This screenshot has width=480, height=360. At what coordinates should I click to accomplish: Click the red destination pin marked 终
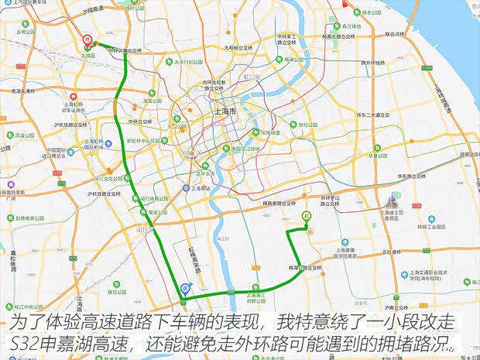click(x=87, y=39)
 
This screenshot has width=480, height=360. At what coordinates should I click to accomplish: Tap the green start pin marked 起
click(x=307, y=216)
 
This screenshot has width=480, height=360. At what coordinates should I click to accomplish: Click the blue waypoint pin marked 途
click(x=184, y=288)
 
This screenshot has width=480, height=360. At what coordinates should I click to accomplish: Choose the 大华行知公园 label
click(x=189, y=62)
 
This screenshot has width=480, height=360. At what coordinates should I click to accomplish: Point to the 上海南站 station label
click(x=202, y=187)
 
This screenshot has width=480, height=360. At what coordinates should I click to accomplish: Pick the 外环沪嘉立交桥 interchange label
click(x=127, y=50)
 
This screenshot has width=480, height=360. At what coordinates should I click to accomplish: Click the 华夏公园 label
click(x=378, y=155)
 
